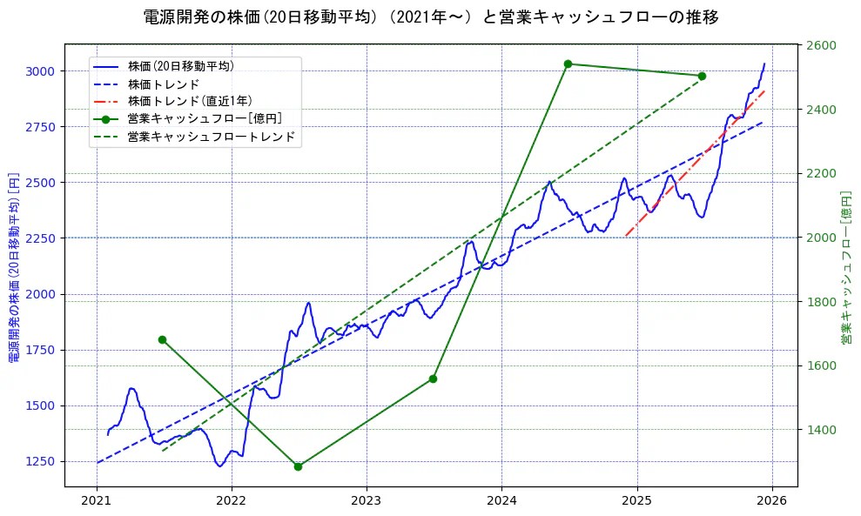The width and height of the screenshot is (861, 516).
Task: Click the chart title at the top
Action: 430,17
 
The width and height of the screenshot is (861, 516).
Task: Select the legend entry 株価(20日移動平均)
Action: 180,66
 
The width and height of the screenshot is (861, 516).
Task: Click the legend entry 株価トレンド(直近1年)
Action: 192,101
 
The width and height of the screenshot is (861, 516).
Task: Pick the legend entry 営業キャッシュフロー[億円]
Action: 204,118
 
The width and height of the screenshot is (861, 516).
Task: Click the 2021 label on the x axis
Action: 97,500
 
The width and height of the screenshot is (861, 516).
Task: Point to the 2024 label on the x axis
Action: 501,500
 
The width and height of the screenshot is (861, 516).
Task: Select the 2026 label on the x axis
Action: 772,500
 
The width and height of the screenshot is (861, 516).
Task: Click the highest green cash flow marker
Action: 568,64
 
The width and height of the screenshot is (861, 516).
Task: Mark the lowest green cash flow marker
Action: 298,466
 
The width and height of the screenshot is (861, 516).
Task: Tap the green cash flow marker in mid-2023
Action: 433,379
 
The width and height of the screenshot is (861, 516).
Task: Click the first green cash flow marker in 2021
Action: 162,339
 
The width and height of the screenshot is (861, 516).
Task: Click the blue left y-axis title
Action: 13,267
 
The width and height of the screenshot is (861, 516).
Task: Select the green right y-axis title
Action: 845,267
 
